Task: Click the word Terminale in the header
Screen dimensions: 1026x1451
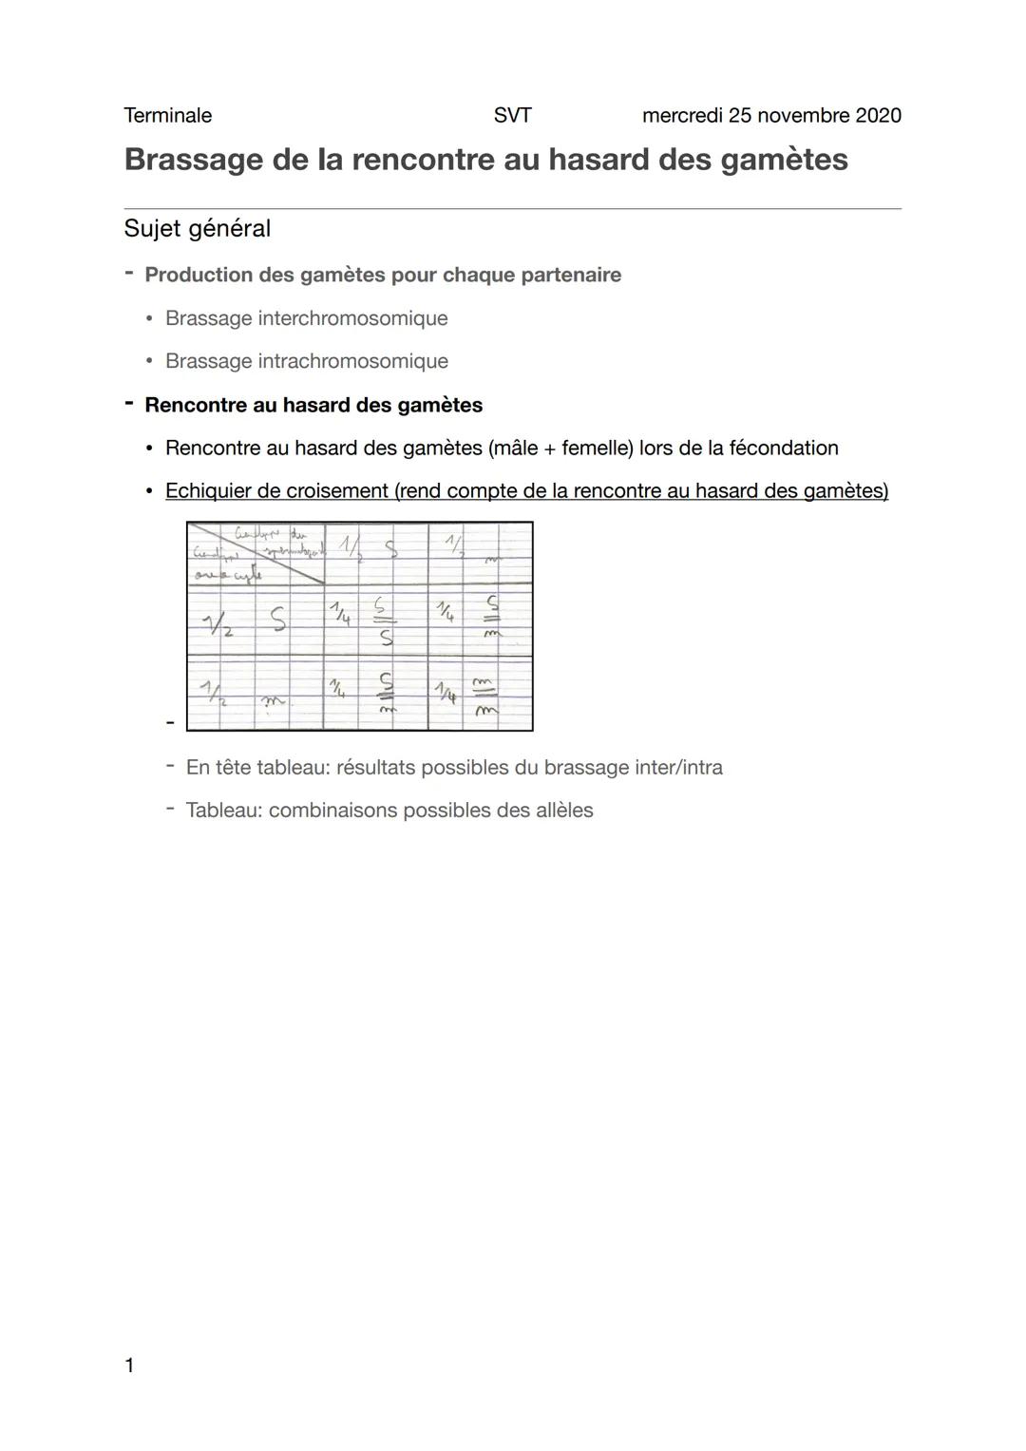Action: point(167,116)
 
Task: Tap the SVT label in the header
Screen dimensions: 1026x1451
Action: point(512,116)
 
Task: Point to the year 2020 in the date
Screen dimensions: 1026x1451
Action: point(878,116)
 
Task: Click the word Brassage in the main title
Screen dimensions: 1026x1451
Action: point(192,160)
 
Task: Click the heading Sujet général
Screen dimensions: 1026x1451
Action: point(197,229)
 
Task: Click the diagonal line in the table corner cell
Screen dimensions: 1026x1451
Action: point(256,552)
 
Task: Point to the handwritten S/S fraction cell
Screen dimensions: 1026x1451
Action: point(383,622)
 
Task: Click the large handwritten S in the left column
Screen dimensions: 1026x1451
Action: point(276,620)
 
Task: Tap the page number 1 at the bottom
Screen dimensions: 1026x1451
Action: point(129,1365)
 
